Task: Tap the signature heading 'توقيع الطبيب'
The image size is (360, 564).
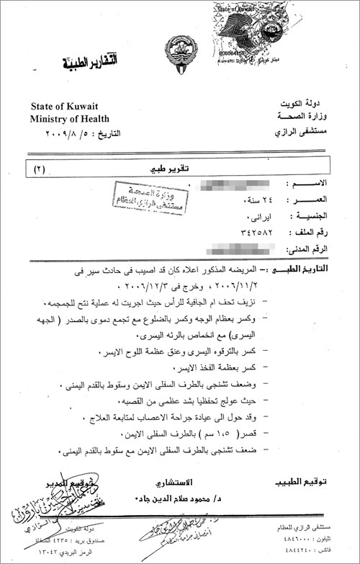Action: (x=302, y=480)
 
